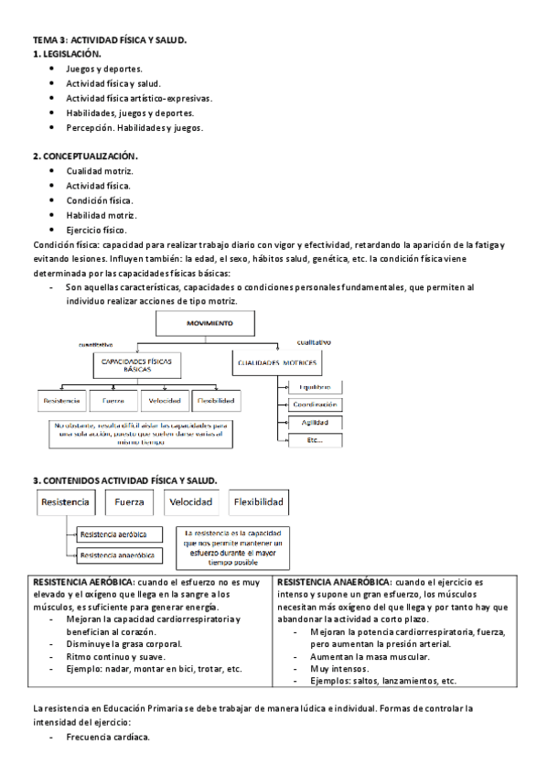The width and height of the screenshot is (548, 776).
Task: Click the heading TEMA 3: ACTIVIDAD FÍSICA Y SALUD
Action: [x=110, y=41]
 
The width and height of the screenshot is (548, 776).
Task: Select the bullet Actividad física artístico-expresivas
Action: [x=138, y=98]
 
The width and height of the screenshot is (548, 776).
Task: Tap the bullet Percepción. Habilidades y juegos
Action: [x=134, y=127]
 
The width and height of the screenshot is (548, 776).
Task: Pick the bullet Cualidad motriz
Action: [x=100, y=171]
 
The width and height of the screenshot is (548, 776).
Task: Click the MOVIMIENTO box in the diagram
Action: [x=210, y=324]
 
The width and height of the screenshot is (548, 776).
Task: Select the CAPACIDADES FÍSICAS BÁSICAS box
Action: [x=137, y=364]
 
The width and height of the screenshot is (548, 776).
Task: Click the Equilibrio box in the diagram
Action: [x=315, y=387]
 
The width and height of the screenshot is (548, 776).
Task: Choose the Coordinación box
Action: [x=315, y=404]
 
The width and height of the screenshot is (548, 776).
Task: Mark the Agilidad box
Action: [x=315, y=423]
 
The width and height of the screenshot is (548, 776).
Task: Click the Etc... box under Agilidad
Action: [x=315, y=440]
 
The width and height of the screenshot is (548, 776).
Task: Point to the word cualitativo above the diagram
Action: [x=314, y=342]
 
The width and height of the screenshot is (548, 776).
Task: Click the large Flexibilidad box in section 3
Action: [x=259, y=502]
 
